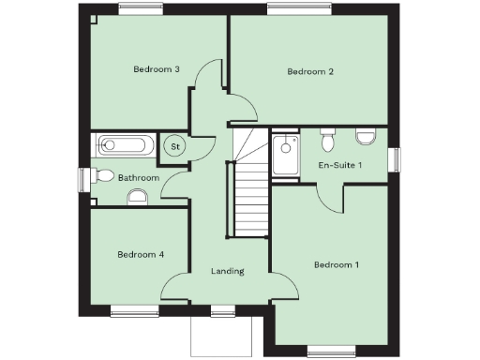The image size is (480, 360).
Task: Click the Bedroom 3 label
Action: (157, 68)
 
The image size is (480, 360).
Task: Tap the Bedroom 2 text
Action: (310, 71)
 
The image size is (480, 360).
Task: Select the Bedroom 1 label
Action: (336, 264)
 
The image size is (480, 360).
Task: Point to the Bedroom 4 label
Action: (141, 254)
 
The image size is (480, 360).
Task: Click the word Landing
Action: (228, 271)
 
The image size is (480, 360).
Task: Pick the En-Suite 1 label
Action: (340, 165)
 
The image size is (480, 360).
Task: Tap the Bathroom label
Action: (138, 177)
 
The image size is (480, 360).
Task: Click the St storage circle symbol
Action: (175, 146)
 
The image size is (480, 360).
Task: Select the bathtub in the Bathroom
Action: (126, 146)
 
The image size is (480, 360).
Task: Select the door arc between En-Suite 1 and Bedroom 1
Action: (328, 197)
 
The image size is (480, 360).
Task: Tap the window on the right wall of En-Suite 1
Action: (394, 159)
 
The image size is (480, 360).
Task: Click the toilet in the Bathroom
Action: (137, 196)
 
